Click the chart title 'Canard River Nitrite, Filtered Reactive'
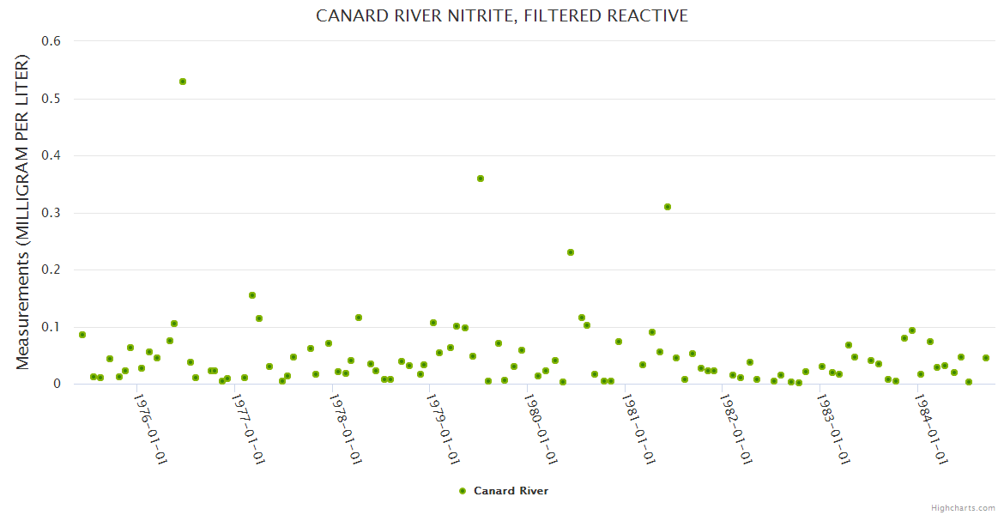click(x=502, y=16)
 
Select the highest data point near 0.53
click(x=183, y=82)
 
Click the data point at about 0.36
click(x=481, y=179)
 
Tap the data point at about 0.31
click(x=668, y=207)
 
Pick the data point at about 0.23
click(x=571, y=252)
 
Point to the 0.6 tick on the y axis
click(x=52, y=41)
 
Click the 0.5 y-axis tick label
click(x=52, y=99)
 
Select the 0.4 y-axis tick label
click(x=52, y=155)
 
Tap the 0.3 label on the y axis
click(x=52, y=213)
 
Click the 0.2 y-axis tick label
click(x=52, y=270)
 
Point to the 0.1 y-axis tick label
click(x=52, y=327)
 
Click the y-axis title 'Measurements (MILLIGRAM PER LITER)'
click(x=23, y=212)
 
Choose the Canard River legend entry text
click(x=511, y=491)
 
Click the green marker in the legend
click(x=463, y=491)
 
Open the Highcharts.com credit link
click(x=963, y=507)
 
